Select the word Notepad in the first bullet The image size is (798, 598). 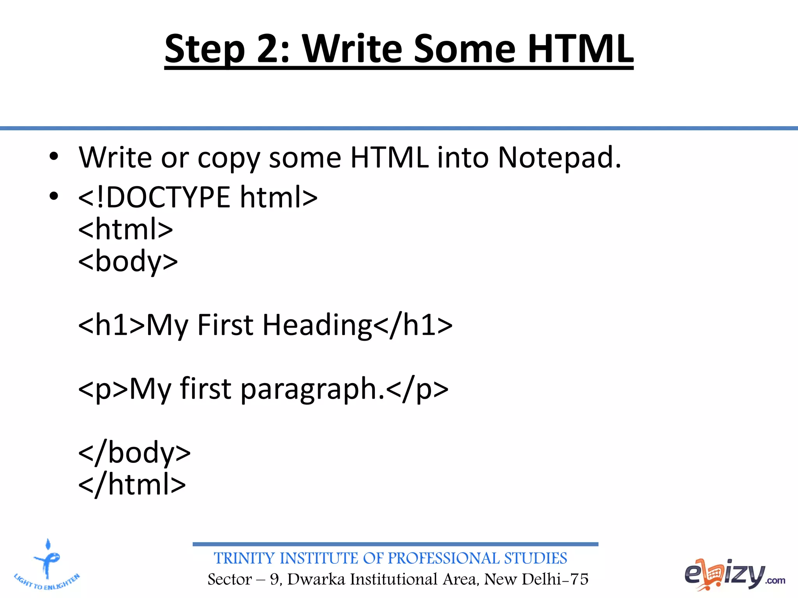[x=559, y=157]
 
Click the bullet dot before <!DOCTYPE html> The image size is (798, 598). [x=54, y=196]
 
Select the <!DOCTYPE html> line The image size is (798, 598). [x=198, y=197]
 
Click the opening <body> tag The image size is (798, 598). [x=128, y=261]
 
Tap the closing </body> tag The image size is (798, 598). [x=134, y=453]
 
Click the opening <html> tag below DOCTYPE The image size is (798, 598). [x=125, y=229]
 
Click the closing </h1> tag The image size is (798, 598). [x=413, y=325]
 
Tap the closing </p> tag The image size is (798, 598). [x=418, y=389]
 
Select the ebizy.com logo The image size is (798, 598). [x=734, y=574]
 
